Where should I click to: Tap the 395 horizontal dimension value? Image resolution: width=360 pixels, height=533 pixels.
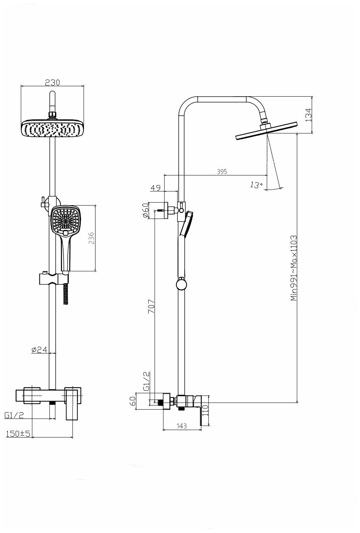click(x=221, y=171)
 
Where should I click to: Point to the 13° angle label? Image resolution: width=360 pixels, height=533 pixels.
click(x=256, y=185)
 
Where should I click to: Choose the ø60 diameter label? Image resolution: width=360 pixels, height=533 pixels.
click(x=146, y=210)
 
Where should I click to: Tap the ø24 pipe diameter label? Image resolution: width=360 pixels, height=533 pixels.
click(x=39, y=349)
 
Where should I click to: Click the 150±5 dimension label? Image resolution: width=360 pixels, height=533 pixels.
click(x=18, y=434)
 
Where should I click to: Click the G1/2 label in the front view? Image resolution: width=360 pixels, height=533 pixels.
click(x=14, y=415)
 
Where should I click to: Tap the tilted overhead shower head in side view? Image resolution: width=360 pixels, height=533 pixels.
click(x=267, y=131)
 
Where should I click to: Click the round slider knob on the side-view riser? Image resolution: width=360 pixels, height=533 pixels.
click(x=181, y=285)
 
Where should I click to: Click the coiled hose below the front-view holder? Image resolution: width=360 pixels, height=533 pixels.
click(x=67, y=294)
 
